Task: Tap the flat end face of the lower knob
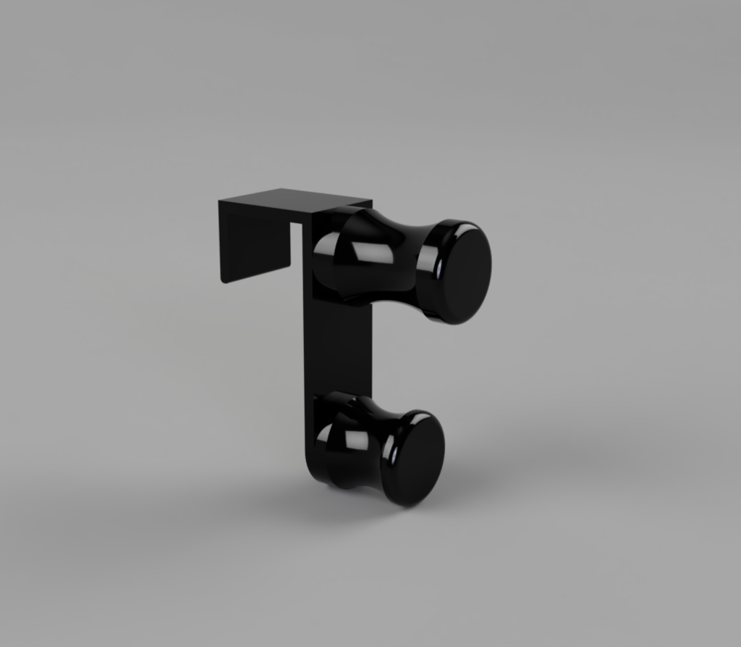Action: coord(419,459)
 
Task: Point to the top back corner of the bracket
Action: coord(220,201)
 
